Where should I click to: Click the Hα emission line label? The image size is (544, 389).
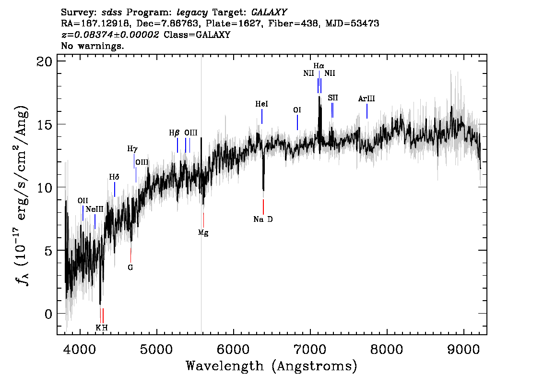click(x=319, y=66)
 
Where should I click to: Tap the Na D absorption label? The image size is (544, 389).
click(x=263, y=219)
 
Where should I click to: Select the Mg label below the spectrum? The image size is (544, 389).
click(x=203, y=233)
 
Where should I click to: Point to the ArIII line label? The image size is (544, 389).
click(x=367, y=98)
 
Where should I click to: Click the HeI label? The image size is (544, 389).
click(x=261, y=104)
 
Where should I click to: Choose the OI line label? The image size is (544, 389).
click(x=297, y=110)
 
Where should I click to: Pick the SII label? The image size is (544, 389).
click(x=333, y=98)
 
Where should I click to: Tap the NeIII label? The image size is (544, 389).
click(x=95, y=209)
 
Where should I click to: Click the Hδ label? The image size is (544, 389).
click(x=114, y=177)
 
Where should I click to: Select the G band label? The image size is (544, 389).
click(x=130, y=268)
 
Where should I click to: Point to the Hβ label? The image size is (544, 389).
click(x=174, y=133)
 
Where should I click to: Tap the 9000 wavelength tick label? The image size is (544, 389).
click(x=463, y=350)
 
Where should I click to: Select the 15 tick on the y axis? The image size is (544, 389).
click(x=44, y=124)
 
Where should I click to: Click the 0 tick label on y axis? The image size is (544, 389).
click(x=48, y=314)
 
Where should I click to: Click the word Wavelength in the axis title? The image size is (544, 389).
click(x=225, y=366)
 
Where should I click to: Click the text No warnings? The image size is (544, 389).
click(x=92, y=46)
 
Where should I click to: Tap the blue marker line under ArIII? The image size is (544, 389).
click(x=367, y=111)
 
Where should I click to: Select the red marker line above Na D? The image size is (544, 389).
click(x=263, y=207)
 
